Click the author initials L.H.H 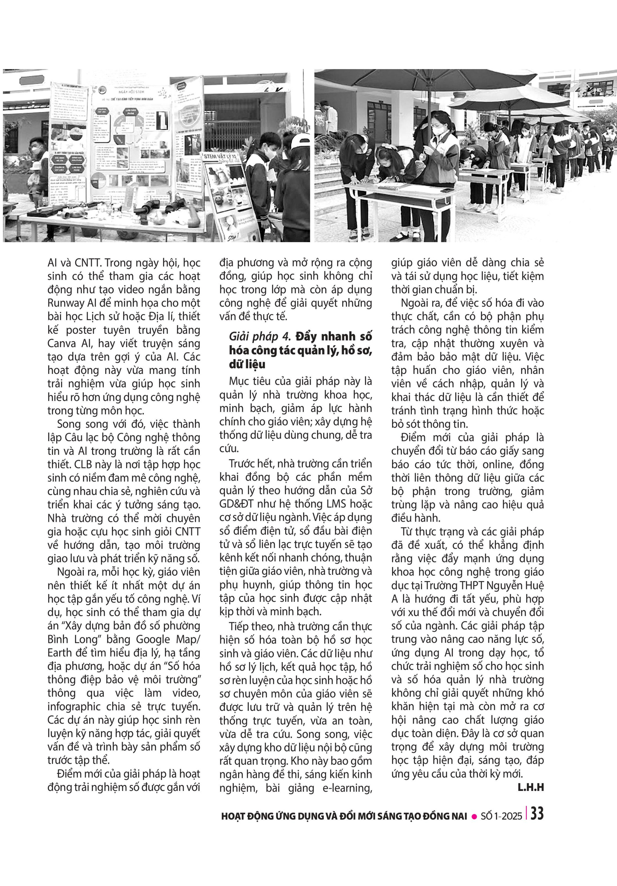coord(530,788)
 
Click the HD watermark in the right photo coord(598,89)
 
